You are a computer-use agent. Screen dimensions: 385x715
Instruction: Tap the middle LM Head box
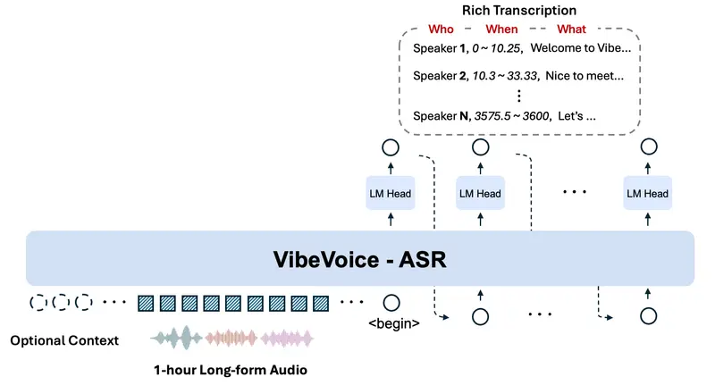click(x=480, y=194)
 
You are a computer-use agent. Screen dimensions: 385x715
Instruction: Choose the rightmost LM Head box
click(x=647, y=194)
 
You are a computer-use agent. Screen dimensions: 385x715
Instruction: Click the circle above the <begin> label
click(x=390, y=302)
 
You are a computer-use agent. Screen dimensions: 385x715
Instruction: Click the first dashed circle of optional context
click(x=38, y=302)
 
